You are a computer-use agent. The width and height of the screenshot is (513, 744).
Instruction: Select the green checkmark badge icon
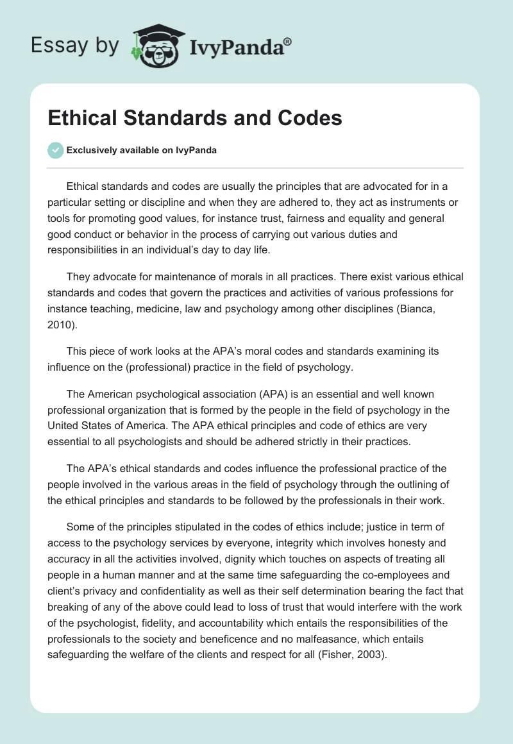pyautogui.click(x=55, y=150)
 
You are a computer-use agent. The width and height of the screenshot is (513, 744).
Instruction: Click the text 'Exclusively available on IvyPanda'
pyautogui.click(x=142, y=151)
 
